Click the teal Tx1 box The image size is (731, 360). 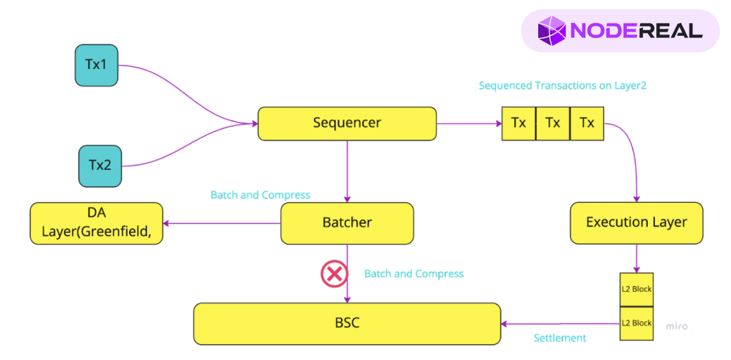coord(96,65)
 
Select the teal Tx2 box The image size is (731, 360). coord(100,165)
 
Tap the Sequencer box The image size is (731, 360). coord(347,123)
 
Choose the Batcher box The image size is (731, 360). coord(347,223)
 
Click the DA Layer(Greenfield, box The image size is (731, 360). coord(97,223)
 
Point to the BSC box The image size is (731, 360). coord(347,323)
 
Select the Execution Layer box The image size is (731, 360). coord(636,223)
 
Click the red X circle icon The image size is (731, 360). coord(333,273)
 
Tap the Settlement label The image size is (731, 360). coord(560,338)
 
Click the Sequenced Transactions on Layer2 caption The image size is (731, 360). coord(563,86)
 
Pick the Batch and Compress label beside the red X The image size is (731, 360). coord(414,274)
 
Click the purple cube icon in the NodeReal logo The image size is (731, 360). coord(552,31)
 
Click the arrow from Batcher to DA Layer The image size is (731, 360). coord(222,223)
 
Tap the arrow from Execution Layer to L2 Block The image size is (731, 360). coord(636,258)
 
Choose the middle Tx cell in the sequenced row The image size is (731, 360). coord(553,123)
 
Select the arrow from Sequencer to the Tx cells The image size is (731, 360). coord(469,123)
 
